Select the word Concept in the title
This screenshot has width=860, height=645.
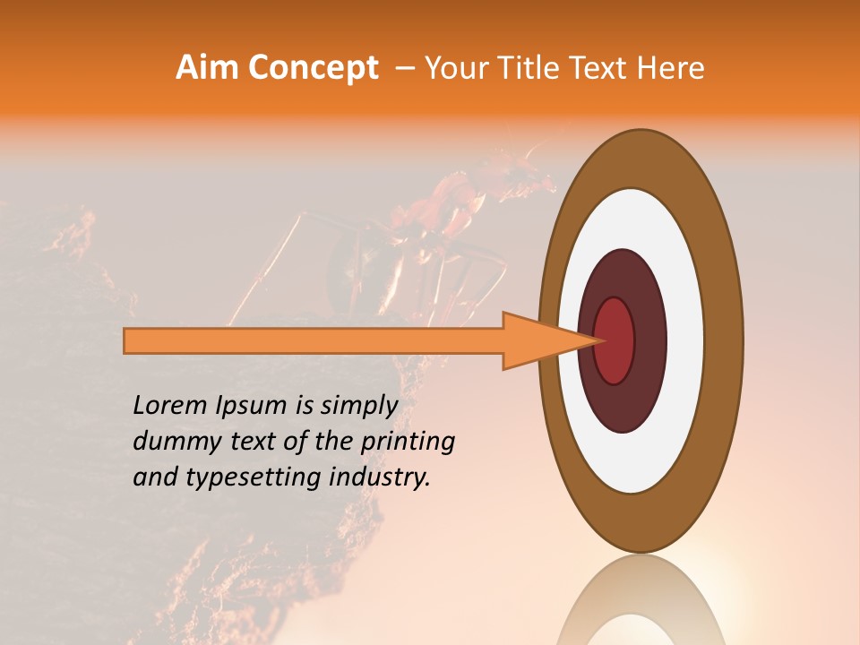point(313,67)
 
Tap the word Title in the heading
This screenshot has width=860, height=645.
point(537,67)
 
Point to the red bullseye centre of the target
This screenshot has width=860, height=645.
point(615,340)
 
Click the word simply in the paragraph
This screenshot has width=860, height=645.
point(359,407)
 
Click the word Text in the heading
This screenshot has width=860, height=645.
point(603,67)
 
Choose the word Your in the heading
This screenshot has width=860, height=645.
point(456,67)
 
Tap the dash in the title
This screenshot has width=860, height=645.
point(404,67)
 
